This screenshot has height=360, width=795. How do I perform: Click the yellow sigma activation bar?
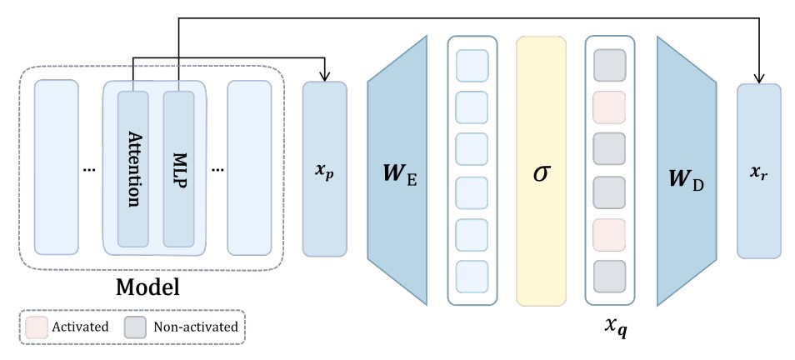pos(541,171)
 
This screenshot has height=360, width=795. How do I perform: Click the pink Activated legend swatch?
pos(37,326)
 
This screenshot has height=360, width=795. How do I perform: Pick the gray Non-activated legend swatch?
pos(137,326)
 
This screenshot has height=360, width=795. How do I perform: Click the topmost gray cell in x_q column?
pos(610,65)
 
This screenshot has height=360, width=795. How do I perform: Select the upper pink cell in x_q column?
pos(610,107)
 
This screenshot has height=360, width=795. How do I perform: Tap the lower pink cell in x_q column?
pos(610,234)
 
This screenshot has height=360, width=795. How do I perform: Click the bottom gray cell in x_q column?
pos(610,275)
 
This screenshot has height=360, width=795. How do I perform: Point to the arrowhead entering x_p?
pos(324,77)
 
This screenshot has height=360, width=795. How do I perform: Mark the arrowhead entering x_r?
pos(758,77)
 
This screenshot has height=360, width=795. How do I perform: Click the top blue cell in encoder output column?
pos(472,65)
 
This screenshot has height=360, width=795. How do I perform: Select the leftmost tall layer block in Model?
pos(56,167)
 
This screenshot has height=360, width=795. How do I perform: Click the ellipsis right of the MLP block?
pos(218,170)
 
